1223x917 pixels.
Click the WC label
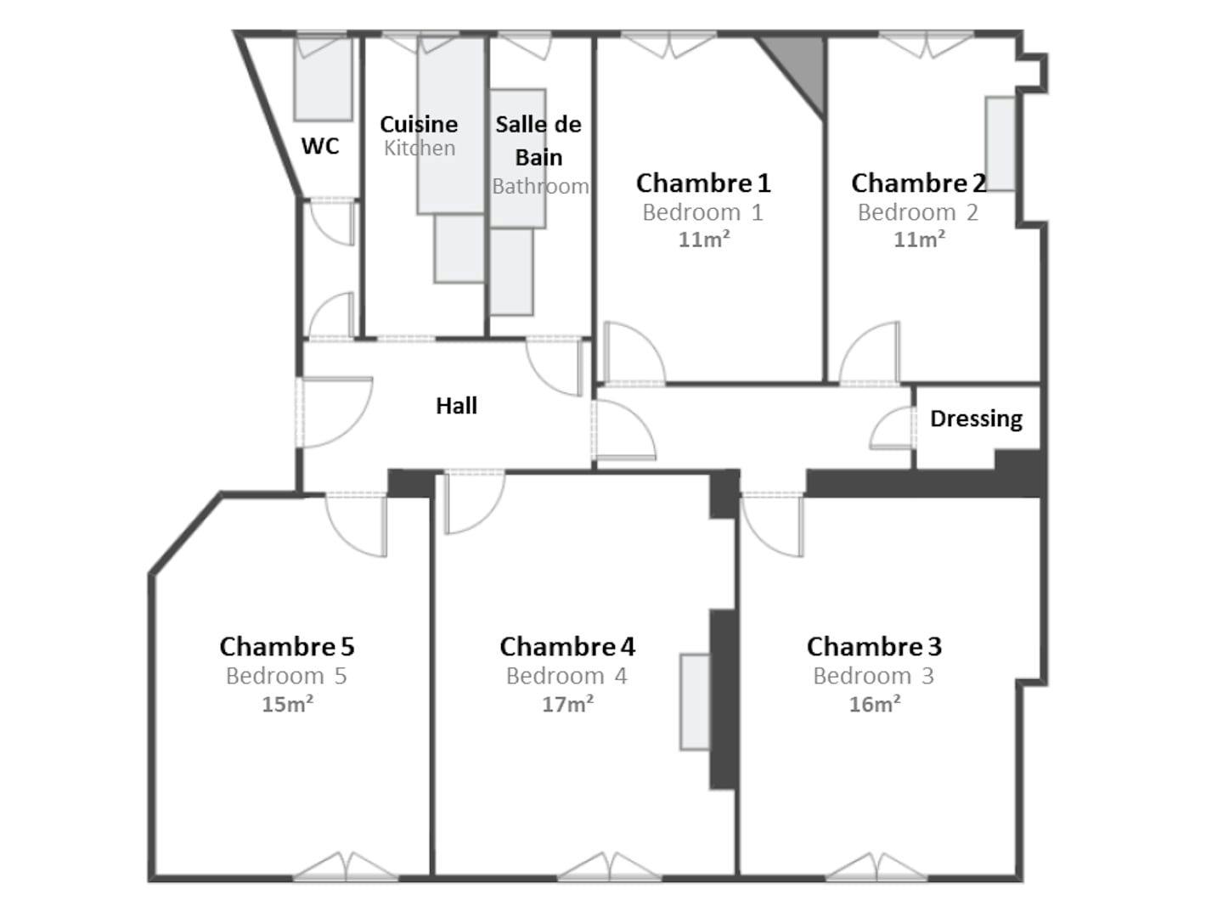(x=320, y=146)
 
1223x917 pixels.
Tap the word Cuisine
(x=419, y=124)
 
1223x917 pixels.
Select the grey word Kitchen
(x=420, y=148)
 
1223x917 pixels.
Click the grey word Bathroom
(x=540, y=186)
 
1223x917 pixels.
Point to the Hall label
(x=456, y=406)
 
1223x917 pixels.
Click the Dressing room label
(x=976, y=419)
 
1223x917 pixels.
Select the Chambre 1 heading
(x=703, y=183)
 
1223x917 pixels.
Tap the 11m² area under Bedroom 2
(x=919, y=239)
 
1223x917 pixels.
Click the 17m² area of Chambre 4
(x=568, y=705)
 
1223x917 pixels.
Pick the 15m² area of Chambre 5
(x=288, y=705)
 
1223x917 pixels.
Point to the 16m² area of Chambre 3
(x=875, y=705)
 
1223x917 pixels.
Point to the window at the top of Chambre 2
(x=926, y=44)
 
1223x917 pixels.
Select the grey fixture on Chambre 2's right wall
(x=1000, y=143)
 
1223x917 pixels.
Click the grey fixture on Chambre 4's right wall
(x=695, y=702)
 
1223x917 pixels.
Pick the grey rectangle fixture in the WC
(x=324, y=78)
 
